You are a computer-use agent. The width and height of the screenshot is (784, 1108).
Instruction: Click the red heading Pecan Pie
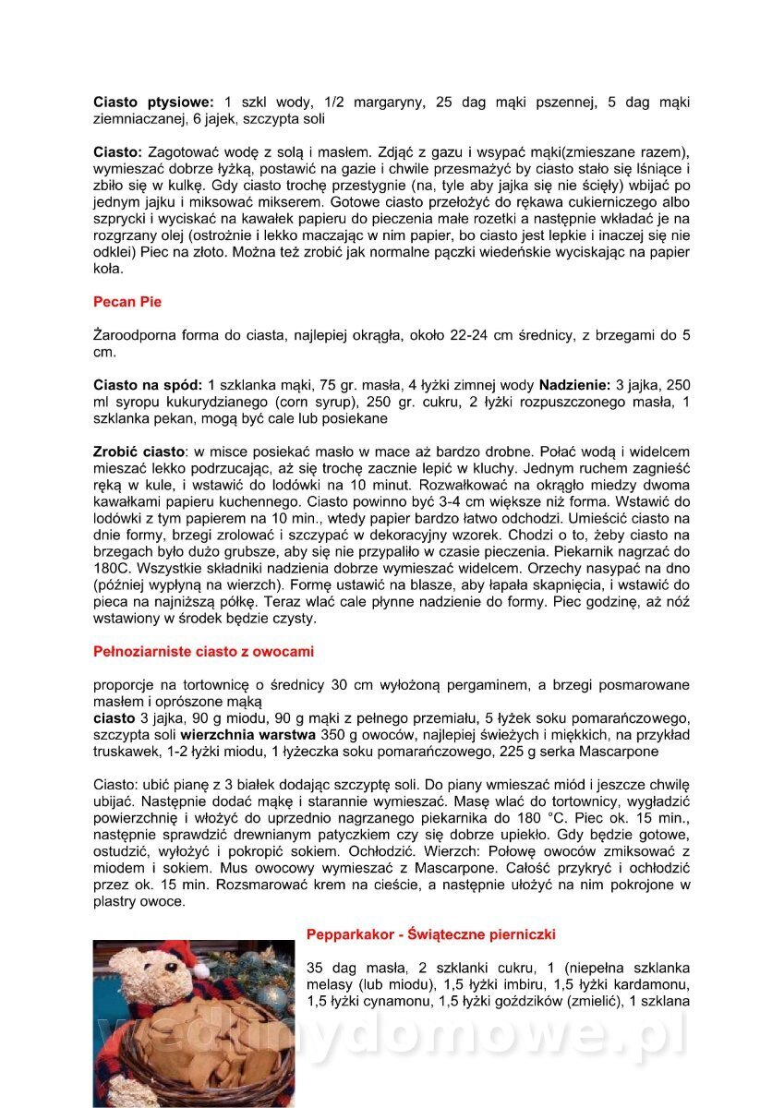pos(127,301)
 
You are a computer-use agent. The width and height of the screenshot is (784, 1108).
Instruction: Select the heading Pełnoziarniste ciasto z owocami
pos(203,651)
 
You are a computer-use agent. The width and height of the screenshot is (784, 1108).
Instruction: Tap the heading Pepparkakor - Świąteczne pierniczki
pos(431,934)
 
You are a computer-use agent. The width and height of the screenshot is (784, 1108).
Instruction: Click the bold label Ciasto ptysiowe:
pos(153,102)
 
